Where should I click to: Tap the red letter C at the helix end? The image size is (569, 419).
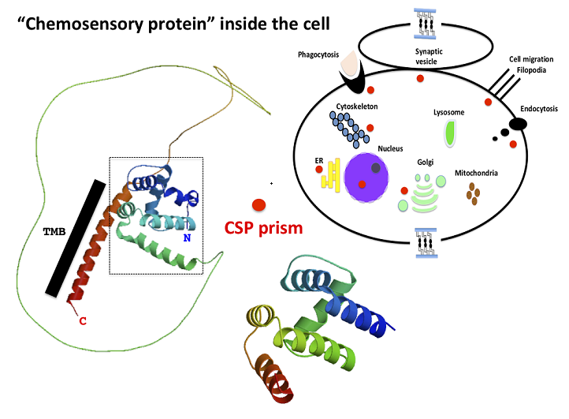[x=81, y=320]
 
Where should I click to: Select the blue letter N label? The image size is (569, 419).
[x=186, y=236]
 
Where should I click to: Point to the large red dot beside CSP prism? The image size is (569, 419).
[x=258, y=204]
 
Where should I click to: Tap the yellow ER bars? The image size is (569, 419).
[x=330, y=174]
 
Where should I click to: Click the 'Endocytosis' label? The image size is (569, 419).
[x=539, y=109]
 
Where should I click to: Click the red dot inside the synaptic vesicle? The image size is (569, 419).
[x=421, y=78]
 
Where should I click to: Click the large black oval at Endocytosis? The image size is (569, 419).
[x=518, y=123]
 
